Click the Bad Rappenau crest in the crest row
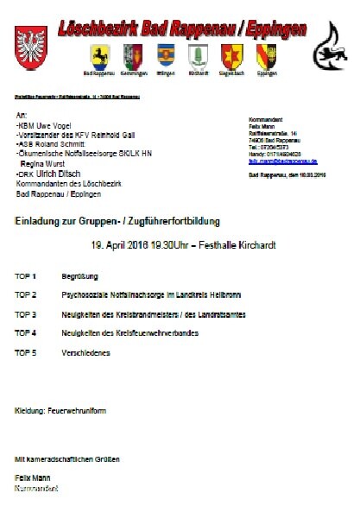(x=101, y=57)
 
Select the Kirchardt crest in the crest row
(x=198, y=57)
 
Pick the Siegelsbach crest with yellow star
(x=231, y=57)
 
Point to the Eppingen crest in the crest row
(x=267, y=57)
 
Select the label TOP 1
(x=26, y=276)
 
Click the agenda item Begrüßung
(x=79, y=276)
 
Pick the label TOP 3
(x=26, y=313)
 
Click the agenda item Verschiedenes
(x=86, y=351)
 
